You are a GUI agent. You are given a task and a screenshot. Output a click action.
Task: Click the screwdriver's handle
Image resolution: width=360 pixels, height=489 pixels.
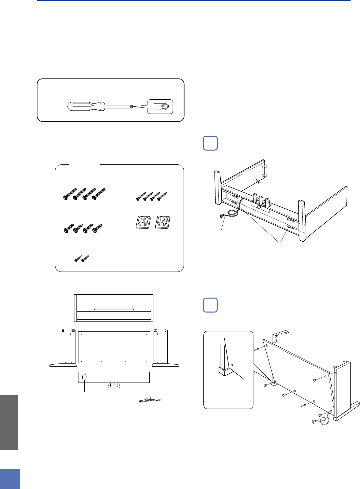(85, 106)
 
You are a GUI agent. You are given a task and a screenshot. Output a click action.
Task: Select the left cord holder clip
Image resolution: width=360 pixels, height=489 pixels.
(143, 223)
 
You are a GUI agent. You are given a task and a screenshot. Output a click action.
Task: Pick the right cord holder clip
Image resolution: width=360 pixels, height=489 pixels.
(162, 223)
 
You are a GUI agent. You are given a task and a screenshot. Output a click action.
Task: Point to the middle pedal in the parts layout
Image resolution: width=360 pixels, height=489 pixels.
(114, 385)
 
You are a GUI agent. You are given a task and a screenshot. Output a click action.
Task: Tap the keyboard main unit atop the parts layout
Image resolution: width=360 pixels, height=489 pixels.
(114, 308)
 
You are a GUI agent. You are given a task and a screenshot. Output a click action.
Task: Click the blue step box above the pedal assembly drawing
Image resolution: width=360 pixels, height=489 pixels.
(210, 143)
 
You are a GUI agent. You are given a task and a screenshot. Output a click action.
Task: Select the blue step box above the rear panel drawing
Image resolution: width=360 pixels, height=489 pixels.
(210, 305)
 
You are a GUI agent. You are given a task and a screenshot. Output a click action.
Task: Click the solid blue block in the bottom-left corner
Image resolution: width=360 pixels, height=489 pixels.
(10, 479)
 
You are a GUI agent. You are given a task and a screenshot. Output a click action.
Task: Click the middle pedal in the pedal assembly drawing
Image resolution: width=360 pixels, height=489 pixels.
(261, 202)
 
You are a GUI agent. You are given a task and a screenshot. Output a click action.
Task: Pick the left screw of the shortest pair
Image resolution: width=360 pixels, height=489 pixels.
(78, 259)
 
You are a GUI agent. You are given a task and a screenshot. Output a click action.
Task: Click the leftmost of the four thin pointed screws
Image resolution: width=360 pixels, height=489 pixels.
(141, 196)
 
